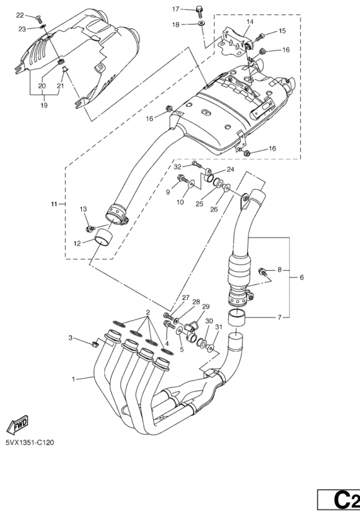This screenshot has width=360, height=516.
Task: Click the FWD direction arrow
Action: [17, 424]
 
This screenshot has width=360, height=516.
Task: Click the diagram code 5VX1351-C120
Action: [30, 442]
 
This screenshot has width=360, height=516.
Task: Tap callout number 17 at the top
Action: [175, 9]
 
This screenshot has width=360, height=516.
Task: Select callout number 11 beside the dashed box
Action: [54, 204]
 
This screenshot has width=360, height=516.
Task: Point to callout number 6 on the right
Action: [302, 277]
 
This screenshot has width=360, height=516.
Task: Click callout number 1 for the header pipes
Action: [74, 379]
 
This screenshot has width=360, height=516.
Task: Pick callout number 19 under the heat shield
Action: [44, 105]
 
